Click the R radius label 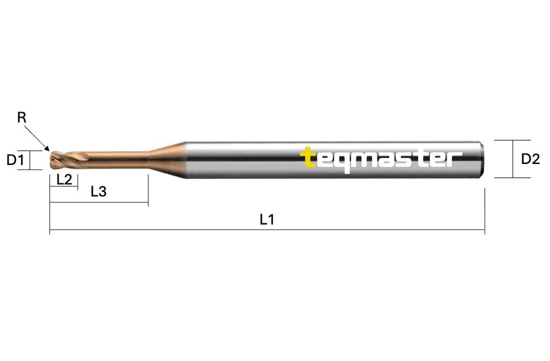coord(21,117)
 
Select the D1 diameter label coord(15,160)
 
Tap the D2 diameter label coord(530,159)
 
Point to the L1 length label coord(267,220)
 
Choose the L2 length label coord(64,179)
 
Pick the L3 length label coord(98,192)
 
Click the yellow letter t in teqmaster coord(309,157)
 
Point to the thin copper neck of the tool coord(118,160)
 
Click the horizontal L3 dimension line coord(99,203)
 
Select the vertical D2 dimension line coord(513,159)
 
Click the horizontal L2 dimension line coord(64,187)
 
